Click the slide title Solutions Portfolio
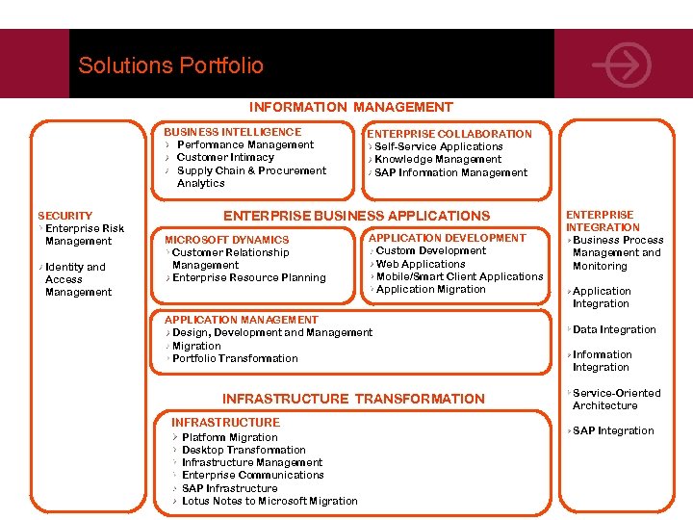pos(170,65)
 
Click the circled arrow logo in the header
pos(623,65)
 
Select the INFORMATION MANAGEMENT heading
pos(350,107)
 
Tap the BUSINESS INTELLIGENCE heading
pos(232,132)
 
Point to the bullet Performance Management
pos(245,144)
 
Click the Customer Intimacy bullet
pos(225,157)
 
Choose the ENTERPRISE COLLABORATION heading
pos(449,134)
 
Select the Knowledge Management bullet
pos(438,159)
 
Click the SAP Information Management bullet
pos(450,172)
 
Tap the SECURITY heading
pos(64,216)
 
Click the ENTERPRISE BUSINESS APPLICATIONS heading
pos(356,216)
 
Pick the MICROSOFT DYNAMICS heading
pos(226,240)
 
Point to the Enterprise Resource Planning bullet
pos(248,277)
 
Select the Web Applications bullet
pos(421,264)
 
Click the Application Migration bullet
pos(430,289)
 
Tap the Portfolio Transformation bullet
pos(235,358)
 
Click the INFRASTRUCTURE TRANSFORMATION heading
pos(353,399)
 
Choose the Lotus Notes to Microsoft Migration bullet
pos(269,501)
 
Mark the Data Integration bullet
pos(614,329)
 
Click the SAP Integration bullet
pos(613,430)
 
